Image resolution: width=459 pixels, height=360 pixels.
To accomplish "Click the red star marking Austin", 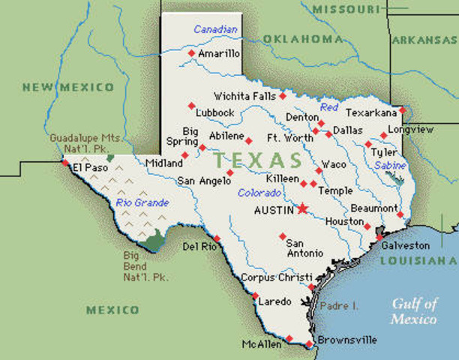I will tap(303, 209).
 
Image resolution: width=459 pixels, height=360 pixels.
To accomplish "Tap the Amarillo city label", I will tap(219, 54).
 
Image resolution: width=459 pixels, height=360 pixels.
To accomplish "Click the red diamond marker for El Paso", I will tap(66, 162).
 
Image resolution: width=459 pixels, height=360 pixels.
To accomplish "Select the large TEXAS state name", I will tap(257, 160).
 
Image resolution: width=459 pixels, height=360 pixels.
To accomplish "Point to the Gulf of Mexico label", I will tap(414, 310).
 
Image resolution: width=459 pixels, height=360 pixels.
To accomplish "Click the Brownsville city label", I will tap(347, 340).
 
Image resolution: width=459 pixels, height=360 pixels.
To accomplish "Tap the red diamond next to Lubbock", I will tap(191, 105).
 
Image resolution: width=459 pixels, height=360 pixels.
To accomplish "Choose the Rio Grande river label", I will tap(142, 202).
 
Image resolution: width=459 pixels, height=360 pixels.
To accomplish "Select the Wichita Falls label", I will tap(244, 96).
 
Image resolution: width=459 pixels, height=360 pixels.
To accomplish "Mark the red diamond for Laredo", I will tap(255, 295).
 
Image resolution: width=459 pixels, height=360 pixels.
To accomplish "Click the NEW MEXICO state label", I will tap(67, 87).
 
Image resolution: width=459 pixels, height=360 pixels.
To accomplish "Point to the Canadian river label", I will tap(215, 29).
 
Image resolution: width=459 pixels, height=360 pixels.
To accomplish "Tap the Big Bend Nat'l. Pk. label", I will tap(145, 265).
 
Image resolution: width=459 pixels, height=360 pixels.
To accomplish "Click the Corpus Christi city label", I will tap(271, 277).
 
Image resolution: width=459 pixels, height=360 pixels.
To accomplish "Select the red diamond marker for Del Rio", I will tap(217, 238).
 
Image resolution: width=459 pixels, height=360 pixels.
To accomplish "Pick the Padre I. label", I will tap(339, 305).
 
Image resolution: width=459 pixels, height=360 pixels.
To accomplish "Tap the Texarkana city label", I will tap(371, 112).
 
